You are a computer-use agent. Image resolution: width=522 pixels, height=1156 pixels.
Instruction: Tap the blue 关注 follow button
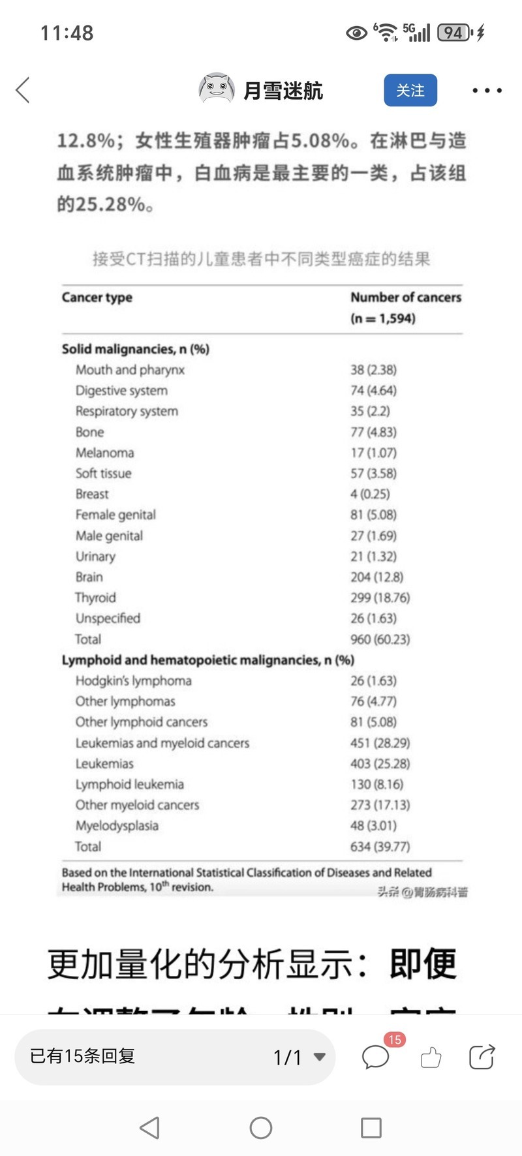click(x=410, y=90)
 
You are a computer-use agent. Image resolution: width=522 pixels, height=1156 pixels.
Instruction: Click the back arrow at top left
click(x=23, y=90)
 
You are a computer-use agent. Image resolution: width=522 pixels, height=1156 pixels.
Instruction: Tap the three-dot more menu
click(x=487, y=91)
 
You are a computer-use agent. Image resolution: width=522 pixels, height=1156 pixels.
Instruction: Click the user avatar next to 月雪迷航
click(x=216, y=89)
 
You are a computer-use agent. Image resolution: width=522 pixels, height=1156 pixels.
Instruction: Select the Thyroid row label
click(x=95, y=598)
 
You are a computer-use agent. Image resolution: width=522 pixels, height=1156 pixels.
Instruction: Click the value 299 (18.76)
click(x=380, y=598)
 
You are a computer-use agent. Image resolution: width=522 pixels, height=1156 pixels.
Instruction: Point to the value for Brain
click(x=376, y=577)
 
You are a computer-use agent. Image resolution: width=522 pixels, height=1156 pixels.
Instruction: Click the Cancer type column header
click(x=97, y=297)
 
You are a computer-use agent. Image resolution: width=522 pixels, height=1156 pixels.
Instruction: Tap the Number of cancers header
click(x=405, y=297)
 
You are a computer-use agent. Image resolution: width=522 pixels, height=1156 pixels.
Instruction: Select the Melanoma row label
click(x=104, y=453)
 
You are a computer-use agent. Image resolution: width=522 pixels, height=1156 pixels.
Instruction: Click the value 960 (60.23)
click(x=380, y=639)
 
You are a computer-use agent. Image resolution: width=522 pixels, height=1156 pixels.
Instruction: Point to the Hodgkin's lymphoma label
click(x=133, y=680)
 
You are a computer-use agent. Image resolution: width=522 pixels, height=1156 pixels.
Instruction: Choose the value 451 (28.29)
click(x=380, y=742)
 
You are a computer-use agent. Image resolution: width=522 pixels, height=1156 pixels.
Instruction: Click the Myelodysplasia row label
click(x=117, y=825)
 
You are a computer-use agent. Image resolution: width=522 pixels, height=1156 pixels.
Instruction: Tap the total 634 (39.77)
click(x=380, y=846)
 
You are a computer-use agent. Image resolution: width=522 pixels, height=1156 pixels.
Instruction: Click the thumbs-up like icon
click(x=431, y=1057)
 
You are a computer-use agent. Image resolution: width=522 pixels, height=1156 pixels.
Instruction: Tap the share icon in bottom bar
click(x=482, y=1057)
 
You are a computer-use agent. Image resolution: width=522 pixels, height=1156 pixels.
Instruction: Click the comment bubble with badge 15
click(x=376, y=1057)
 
